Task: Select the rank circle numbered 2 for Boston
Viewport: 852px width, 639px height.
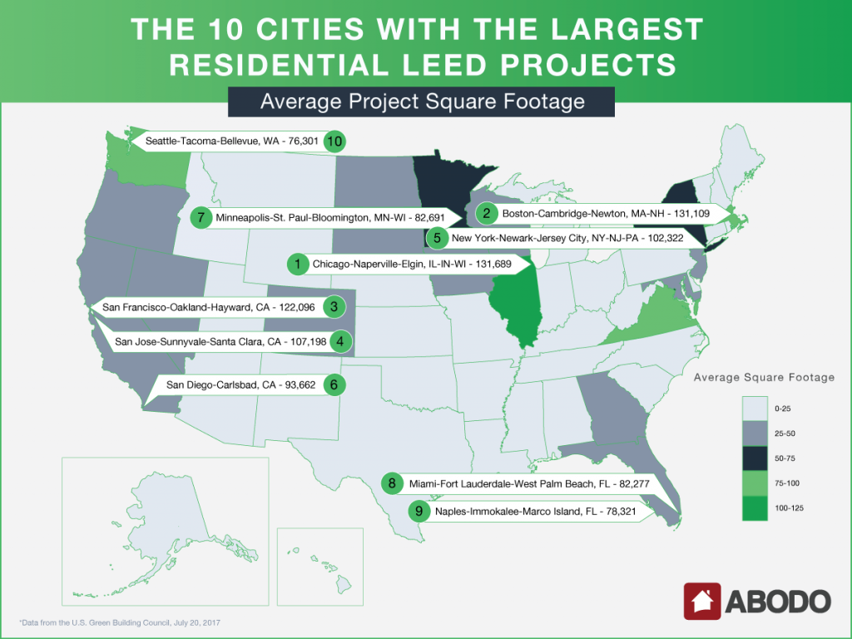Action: click(x=486, y=213)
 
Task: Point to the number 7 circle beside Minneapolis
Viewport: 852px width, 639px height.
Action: click(x=200, y=218)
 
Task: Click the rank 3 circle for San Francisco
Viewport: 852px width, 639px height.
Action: click(x=333, y=307)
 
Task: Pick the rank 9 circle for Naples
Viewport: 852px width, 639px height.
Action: click(x=418, y=511)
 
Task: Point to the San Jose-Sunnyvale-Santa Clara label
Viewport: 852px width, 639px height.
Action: click(x=219, y=341)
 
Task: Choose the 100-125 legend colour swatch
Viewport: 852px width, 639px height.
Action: click(x=755, y=507)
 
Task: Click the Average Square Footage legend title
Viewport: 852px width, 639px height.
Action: click(x=764, y=378)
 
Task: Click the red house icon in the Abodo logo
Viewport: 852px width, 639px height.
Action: click(x=702, y=601)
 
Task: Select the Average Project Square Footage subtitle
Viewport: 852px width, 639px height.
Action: click(x=422, y=102)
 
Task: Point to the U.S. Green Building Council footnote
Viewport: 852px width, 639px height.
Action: click(x=121, y=622)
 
